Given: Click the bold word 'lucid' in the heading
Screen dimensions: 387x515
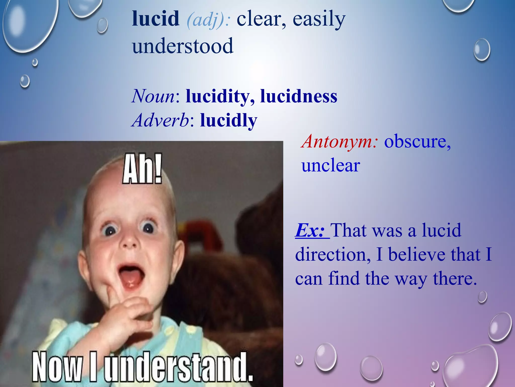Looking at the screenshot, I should pos(156,19).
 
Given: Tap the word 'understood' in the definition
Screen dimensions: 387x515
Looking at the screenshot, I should pos(183,46).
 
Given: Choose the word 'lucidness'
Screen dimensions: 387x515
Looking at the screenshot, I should pos(299,96).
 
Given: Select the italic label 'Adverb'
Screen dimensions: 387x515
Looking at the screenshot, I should pos(160,120).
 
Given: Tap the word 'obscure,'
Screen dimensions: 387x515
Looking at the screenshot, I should pos(417,142).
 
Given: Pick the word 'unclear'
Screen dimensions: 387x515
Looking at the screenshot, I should pos(331,166).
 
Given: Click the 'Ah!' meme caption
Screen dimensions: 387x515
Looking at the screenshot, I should pos(142,169).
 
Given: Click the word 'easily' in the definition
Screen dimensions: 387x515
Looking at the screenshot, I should pos(319,19).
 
